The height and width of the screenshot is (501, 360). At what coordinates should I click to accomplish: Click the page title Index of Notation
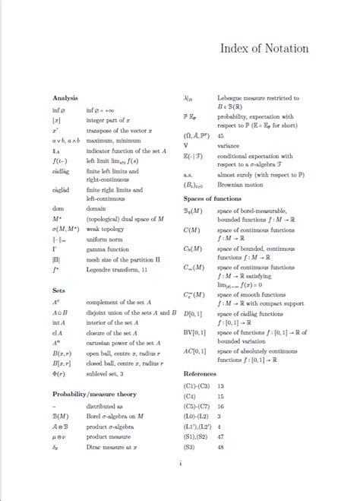pyautogui.click(x=264, y=49)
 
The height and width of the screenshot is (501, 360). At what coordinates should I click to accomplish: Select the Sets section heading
pyautogui.click(x=58, y=290)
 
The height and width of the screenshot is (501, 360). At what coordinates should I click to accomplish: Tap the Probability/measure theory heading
pyautogui.click(x=93, y=394)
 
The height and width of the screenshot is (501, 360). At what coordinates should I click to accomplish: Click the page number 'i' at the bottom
pyautogui.click(x=180, y=464)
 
